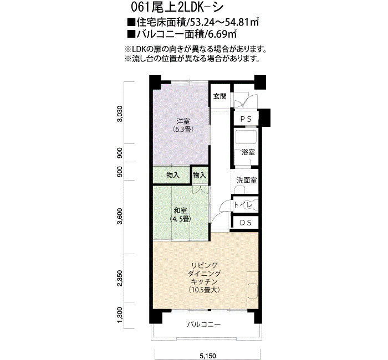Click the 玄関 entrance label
(219, 96)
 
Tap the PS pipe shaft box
(246, 119)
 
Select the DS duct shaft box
(246, 223)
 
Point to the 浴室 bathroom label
(248, 152)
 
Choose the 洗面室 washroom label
(247, 180)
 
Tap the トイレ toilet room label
(243, 205)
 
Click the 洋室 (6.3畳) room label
(183, 125)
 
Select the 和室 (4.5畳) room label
(180, 214)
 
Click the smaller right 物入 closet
(199, 176)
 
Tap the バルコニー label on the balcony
(203, 324)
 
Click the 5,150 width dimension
(208, 356)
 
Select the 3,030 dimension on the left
(120, 114)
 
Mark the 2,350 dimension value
(120, 278)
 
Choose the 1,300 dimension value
(120, 315)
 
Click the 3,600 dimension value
(120, 217)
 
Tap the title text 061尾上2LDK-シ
(177, 7)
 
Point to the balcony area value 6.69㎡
(222, 34)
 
